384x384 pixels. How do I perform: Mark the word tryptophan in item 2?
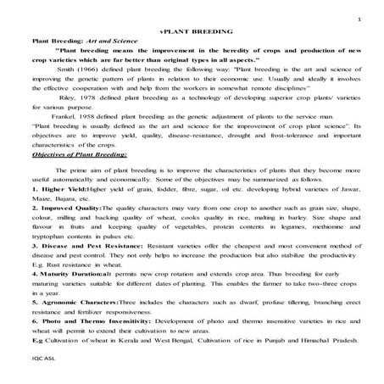point(48,235)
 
